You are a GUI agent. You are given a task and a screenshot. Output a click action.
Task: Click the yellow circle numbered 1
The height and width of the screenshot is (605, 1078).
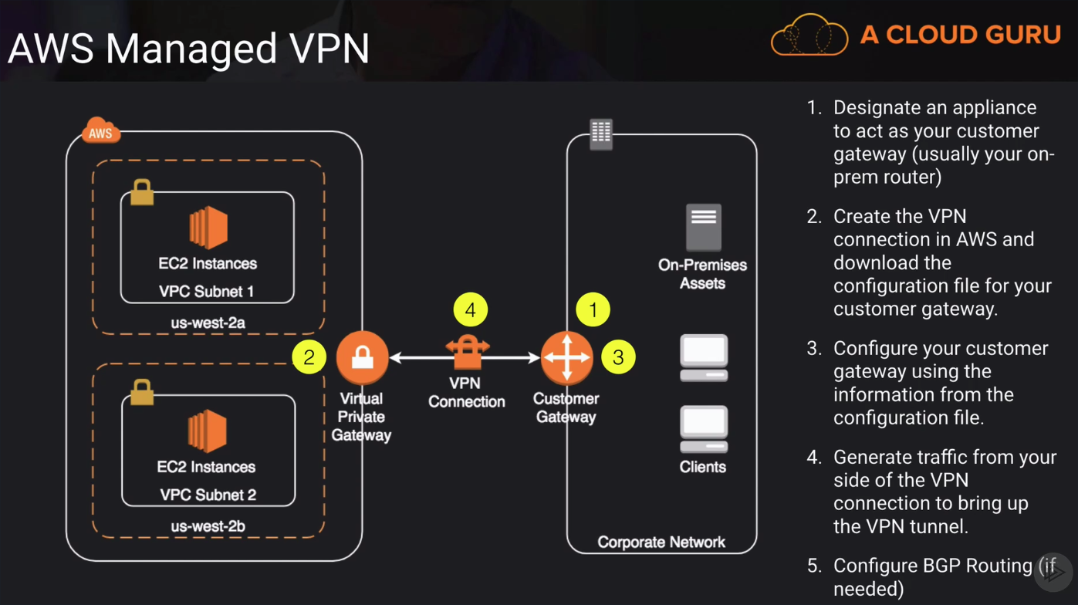[x=593, y=310]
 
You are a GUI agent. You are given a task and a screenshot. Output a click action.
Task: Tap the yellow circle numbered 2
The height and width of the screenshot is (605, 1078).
[x=309, y=357]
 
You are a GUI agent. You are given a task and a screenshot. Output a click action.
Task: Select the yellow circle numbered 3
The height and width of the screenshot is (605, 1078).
[x=617, y=357]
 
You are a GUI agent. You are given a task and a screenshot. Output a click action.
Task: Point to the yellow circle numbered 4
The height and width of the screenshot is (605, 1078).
[x=470, y=311]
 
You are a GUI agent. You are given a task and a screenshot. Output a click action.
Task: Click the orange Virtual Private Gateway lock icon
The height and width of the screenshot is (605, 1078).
[x=362, y=357]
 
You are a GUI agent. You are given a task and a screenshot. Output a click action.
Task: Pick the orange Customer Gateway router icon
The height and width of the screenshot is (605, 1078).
[x=567, y=357]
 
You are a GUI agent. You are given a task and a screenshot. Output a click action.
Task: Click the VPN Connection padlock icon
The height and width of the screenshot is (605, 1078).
[x=467, y=353]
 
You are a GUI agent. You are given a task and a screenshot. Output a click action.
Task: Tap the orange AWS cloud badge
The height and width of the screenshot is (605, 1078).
[x=101, y=131]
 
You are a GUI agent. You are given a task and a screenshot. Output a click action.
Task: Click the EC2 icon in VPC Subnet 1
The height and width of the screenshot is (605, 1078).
[x=208, y=228]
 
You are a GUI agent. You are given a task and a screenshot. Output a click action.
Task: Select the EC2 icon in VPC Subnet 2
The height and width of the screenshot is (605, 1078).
[x=208, y=431]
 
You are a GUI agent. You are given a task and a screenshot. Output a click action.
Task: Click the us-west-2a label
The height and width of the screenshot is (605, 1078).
[x=208, y=323]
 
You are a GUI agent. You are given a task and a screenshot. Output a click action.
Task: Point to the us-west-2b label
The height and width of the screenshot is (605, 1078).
[x=208, y=526]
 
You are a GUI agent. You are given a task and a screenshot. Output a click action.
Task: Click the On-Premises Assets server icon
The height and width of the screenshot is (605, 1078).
[x=703, y=227]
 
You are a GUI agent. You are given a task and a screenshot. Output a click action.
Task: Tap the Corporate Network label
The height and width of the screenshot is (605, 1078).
[x=661, y=542]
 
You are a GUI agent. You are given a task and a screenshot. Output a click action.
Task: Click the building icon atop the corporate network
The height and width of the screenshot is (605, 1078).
[x=600, y=134]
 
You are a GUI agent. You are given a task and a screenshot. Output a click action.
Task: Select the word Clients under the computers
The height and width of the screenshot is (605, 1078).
[x=702, y=467]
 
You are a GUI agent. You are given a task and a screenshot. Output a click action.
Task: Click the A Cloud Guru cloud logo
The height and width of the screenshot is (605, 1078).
[x=809, y=35]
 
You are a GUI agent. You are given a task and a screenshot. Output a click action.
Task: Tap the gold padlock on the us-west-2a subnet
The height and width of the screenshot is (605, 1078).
[x=142, y=192]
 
